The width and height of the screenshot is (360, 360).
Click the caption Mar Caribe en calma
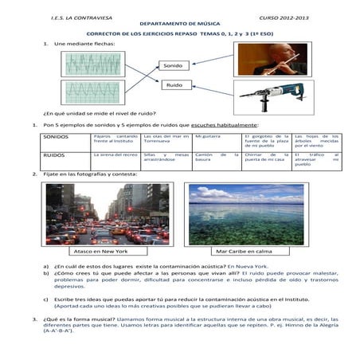pyautogui.click(x=243, y=252)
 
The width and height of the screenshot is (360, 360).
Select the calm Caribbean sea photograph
pyautogui.click(x=245, y=213)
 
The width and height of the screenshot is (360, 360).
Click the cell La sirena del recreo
pyautogui.click(x=115, y=155)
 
